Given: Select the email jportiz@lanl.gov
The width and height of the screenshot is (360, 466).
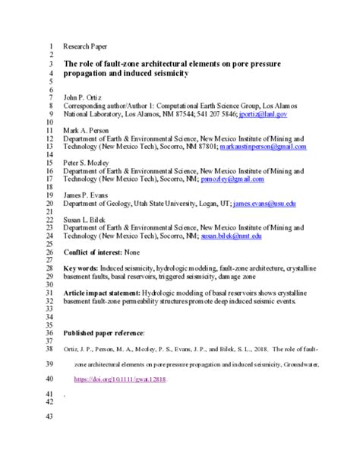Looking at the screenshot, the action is (x=262, y=114).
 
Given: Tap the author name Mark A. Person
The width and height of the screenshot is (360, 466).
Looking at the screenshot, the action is (x=85, y=131).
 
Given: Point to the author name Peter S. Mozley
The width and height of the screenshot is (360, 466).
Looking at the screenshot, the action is (x=86, y=163).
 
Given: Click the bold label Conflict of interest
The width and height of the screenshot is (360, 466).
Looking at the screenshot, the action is (x=102, y=253).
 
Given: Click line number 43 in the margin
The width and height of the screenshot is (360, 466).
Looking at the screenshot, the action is (x=51, y=417).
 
